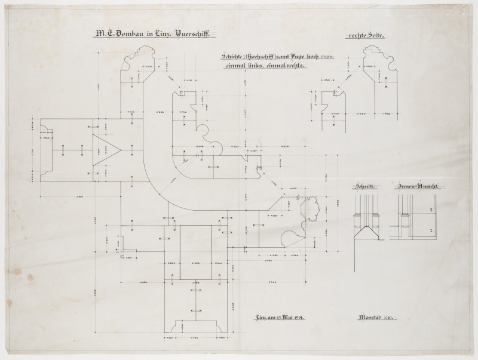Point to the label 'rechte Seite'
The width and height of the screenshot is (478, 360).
pyautogui.click(x=364, y=36)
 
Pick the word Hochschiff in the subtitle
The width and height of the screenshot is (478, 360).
pyautogui.click(x=266, y=57)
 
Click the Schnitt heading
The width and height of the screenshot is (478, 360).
pyautogui.click(x=364, y=187)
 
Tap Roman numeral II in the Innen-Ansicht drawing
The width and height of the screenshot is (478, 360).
pyautogui.click(x=431, y=211)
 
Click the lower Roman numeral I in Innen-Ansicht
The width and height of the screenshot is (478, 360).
pyautogui.click(x=431, y=229)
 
